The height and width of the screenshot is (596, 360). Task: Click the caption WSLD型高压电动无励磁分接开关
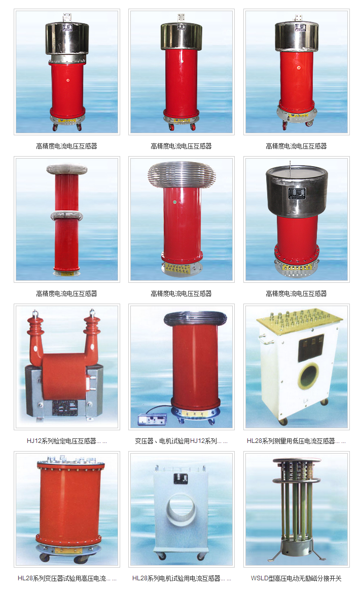pos(296,578)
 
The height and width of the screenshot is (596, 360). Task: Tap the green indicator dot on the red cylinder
pos(175,203)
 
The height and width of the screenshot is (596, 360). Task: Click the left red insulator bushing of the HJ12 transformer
pos(37,337)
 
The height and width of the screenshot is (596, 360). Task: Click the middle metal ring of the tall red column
pos(66,215)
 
